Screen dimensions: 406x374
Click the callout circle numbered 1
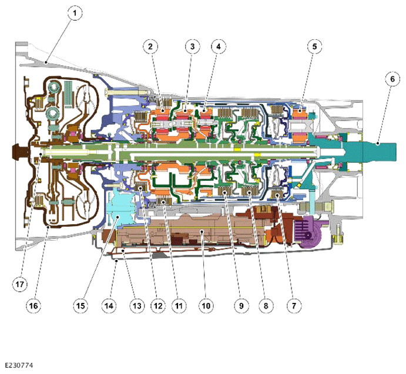click(75, 13)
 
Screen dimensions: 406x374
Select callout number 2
click(150, 46)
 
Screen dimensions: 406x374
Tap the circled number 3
click(192, 46)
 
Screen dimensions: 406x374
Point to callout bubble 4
click(219, 46)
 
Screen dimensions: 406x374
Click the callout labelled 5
click(314, 46)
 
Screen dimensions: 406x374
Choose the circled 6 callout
click(392, 79)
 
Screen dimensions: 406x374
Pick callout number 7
click(294, 306)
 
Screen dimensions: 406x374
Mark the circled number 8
click(266, 306)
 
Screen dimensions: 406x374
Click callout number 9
click(241, 306)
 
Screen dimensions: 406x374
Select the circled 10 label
click(206, 306)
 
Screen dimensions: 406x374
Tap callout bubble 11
click(179, 306)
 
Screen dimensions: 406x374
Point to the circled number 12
click(158, 306)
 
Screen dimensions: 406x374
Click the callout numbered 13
click(137, 306)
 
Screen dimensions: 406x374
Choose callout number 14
click(109, 306)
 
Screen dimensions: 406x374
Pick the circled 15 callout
click(80, 306)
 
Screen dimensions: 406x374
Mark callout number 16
click(33, 306)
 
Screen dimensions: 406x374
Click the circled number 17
click(19, 284)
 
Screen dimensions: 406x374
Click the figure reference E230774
click(19, 365)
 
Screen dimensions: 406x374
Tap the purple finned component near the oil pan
click(308, 233)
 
